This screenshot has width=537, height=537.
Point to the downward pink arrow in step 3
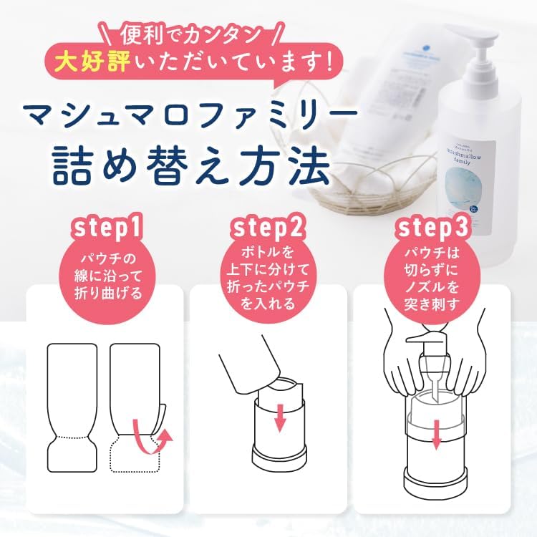(x=435, y=433)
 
